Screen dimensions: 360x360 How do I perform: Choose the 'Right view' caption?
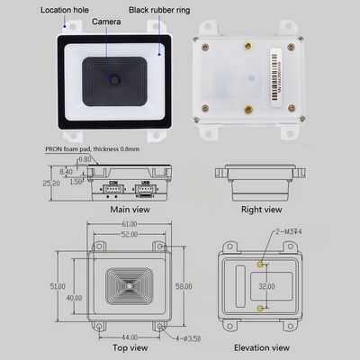[262, 210]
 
